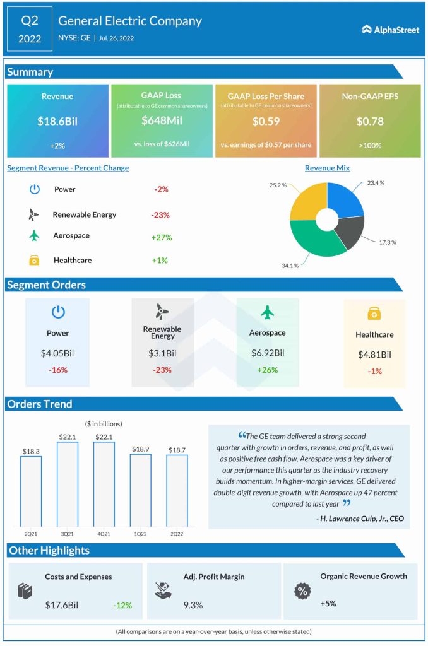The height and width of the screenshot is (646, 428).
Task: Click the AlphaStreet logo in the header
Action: point(390,30)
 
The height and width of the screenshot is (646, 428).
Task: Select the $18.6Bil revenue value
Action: point(57,121)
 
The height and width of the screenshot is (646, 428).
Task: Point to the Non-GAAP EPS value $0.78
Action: point(370,121)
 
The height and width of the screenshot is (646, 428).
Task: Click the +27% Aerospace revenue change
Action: point(162,238)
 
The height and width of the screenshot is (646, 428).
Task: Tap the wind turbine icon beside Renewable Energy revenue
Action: point(34,214)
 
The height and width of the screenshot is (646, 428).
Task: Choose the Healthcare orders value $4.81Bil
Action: point(375,355)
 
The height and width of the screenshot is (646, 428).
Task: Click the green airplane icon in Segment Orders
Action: point(268,312)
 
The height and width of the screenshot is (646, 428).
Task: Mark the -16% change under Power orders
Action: point(57,370)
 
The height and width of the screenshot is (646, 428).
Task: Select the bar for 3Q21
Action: point(68,484)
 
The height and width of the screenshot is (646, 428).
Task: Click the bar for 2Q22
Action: point(177,491)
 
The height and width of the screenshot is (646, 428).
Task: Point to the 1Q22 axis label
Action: point(141,533)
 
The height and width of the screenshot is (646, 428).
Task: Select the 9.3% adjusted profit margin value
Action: point(193,605)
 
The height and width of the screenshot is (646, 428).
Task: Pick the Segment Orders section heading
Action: point(46,285)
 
